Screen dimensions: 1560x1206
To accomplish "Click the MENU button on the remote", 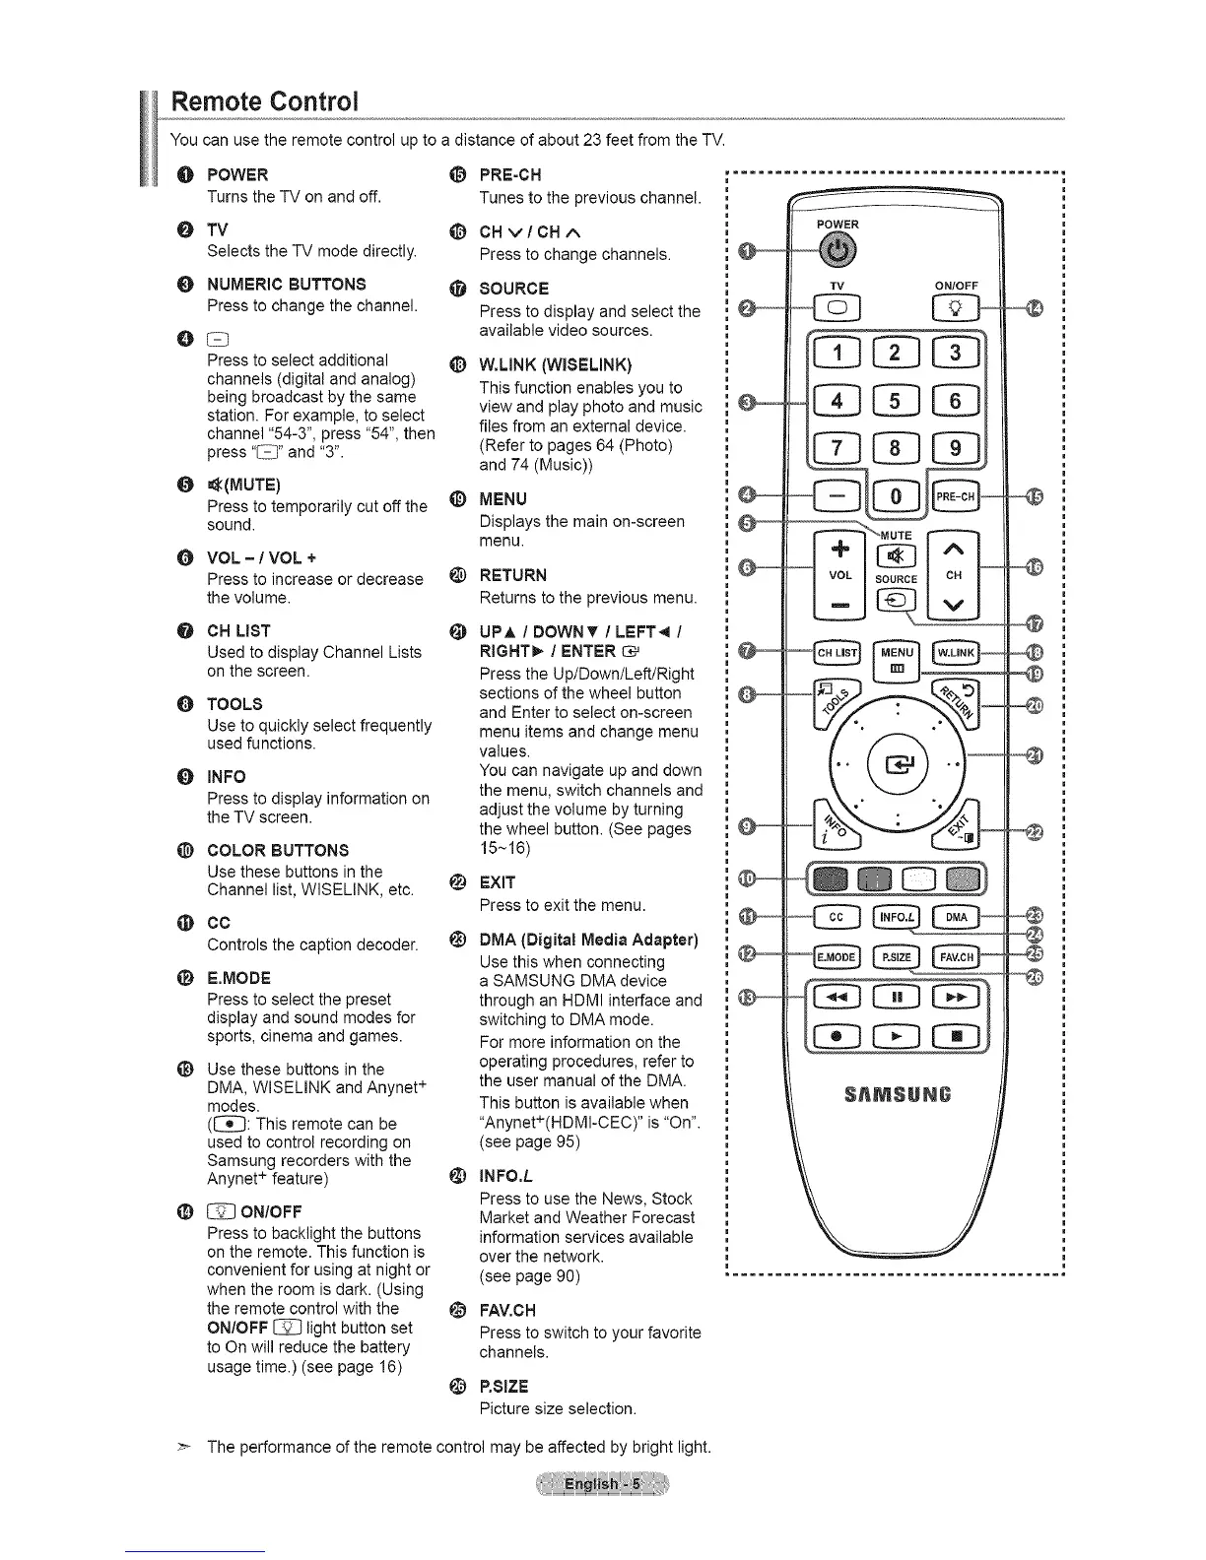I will (x=897, y=657).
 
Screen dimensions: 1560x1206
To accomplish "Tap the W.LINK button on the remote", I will (x=954, y=652).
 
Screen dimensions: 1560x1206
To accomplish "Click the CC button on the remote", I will (x=837, y=918).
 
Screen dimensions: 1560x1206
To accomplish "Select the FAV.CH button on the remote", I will (x=955, y=956).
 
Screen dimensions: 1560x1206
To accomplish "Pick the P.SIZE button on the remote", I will (x=896, y=956).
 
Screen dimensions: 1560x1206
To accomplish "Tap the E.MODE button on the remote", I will (x=837, y=956).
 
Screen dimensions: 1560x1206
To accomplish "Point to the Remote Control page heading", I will (x=264, y=101).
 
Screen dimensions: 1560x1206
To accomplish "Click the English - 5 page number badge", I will (x=602, y=1484).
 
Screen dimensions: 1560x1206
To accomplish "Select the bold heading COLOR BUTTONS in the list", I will (x=278, y=850).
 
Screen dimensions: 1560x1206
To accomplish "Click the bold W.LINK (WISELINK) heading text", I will (x=556, y=365).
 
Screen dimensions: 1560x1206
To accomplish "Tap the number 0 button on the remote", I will (x=896, y=496).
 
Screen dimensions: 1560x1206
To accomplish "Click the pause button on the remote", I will (x=896, y=999).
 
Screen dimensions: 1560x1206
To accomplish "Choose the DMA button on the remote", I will (x=955, y=918).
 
